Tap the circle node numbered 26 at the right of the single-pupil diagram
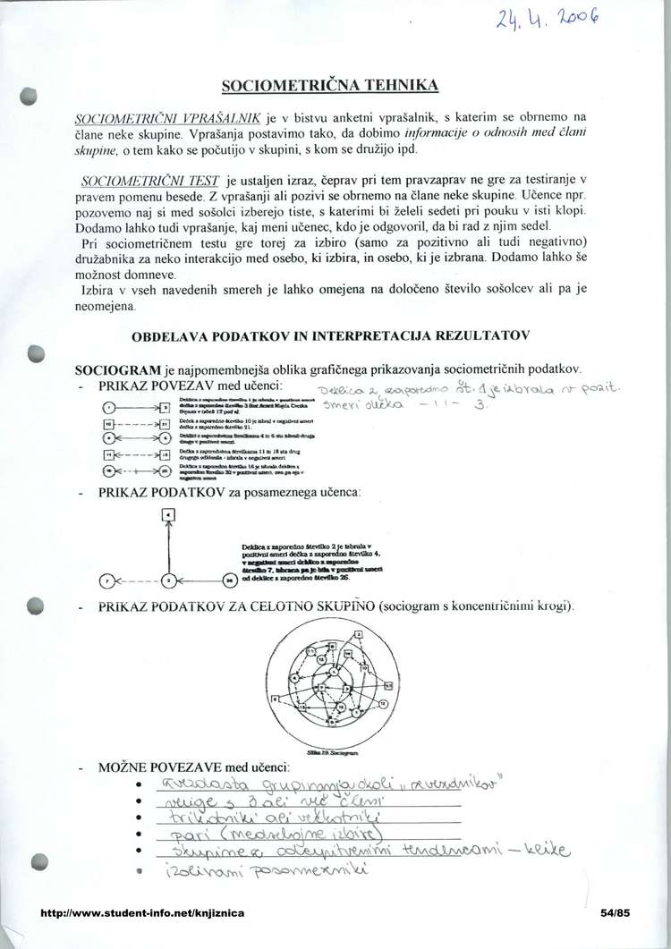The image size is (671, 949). [x=227, y=581]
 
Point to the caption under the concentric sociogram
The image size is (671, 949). [x=333, y=755]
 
